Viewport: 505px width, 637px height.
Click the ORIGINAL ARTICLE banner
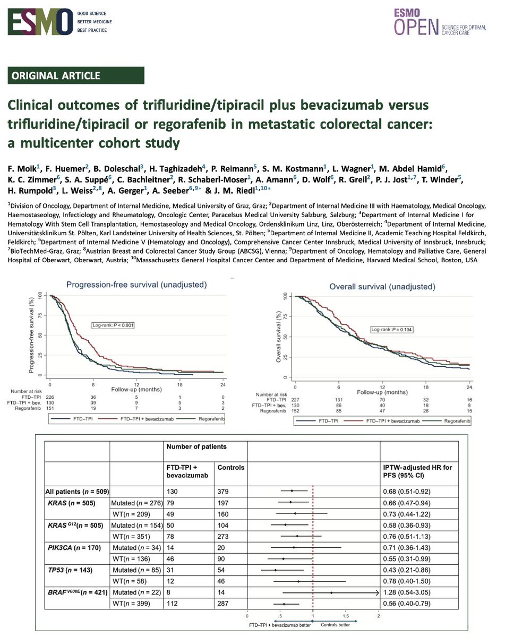pos(76,75)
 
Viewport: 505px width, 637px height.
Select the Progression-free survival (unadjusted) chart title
pos(136,285)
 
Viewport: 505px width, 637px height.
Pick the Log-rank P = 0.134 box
pos(392,330)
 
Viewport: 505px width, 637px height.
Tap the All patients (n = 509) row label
pos(77,491)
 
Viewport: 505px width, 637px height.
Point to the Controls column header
pos(232,468)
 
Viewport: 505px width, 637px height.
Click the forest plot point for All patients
pos(292,491)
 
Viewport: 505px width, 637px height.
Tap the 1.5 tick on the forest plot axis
pos(346,616)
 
